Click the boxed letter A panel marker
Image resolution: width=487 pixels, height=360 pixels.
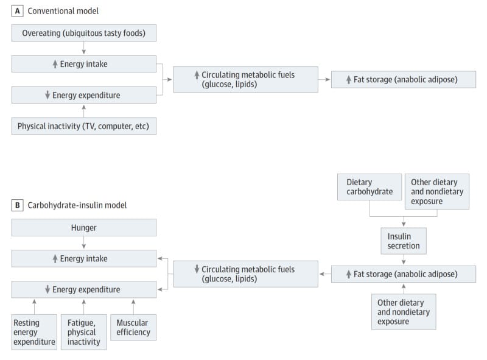click(18, 11)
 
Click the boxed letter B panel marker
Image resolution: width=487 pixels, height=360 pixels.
click(18, 205)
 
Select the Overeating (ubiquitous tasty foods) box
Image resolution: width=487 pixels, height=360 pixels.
click(84, 33)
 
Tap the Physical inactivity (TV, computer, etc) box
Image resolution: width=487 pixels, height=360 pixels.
click(84, 126)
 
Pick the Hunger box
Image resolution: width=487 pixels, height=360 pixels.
click(84, 228)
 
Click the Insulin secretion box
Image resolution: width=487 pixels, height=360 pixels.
click(404, 241)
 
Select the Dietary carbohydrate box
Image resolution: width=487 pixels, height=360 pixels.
click(370, 187)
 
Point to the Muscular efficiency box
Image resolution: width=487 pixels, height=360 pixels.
click(133, 327)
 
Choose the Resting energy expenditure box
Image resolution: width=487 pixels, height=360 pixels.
click(34, 332)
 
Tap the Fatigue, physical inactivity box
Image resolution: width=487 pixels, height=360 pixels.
click(84, 332)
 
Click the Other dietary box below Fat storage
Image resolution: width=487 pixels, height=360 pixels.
click(404, 312)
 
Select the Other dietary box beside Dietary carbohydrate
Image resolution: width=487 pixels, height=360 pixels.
click(437, 191)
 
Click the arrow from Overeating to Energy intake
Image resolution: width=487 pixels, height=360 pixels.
click(84, 48)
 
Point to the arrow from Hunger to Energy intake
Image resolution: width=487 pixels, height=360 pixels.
click(84, 242)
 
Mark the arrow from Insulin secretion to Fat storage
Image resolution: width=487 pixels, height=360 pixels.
click(404, 259)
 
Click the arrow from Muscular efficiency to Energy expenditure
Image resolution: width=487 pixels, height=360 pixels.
click(133, 307)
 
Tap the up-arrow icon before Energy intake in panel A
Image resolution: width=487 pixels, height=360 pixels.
click(55, 64)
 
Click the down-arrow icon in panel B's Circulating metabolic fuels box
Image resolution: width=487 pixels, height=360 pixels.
click(197, 269)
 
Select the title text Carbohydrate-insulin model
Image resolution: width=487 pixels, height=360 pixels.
click(77, 205)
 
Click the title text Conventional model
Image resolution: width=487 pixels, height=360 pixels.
click(63, 11)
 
